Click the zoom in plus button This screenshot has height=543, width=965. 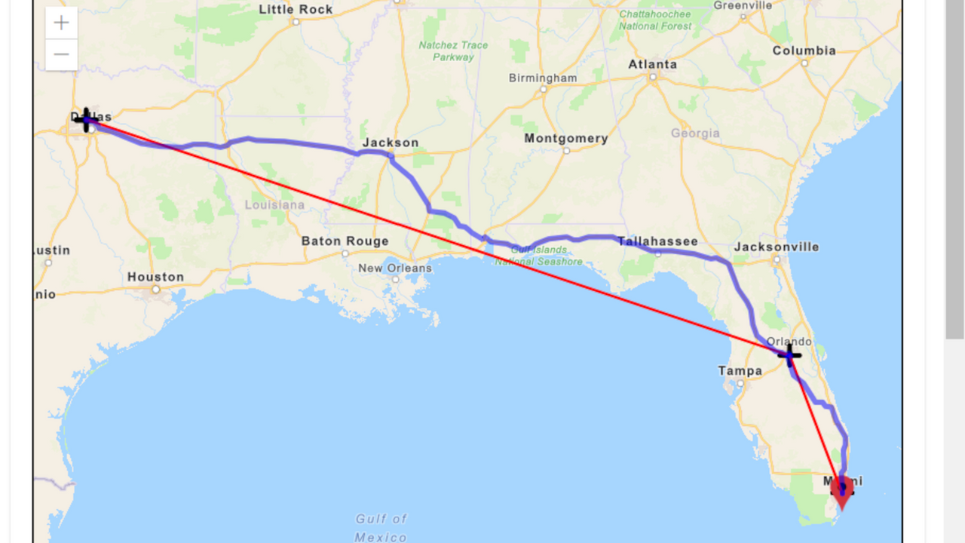coord(62,23)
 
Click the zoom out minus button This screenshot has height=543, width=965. coord(62,54)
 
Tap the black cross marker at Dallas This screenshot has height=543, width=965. coord(87,120)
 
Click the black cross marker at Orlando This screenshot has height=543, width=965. coord(789,354)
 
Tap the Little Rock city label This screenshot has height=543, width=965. coord(296,10)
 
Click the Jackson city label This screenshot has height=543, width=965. coord(390,143)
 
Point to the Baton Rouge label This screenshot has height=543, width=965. coord(345,241)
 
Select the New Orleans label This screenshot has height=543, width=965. coord(395,268)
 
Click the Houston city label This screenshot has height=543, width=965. coord(155,277)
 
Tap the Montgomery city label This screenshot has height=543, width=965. coord(565,138)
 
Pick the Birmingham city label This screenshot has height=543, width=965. coord(543,78)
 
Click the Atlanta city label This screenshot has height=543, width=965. coord(653,64)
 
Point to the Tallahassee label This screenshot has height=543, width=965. coord(657,241)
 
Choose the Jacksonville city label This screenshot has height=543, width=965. coord(777,247)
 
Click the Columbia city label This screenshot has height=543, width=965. coord(804,51)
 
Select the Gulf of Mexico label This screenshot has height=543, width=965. coord(381,528)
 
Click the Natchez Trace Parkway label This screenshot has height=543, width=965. coord(453,51)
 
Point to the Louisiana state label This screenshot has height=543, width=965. coord(274,204)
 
